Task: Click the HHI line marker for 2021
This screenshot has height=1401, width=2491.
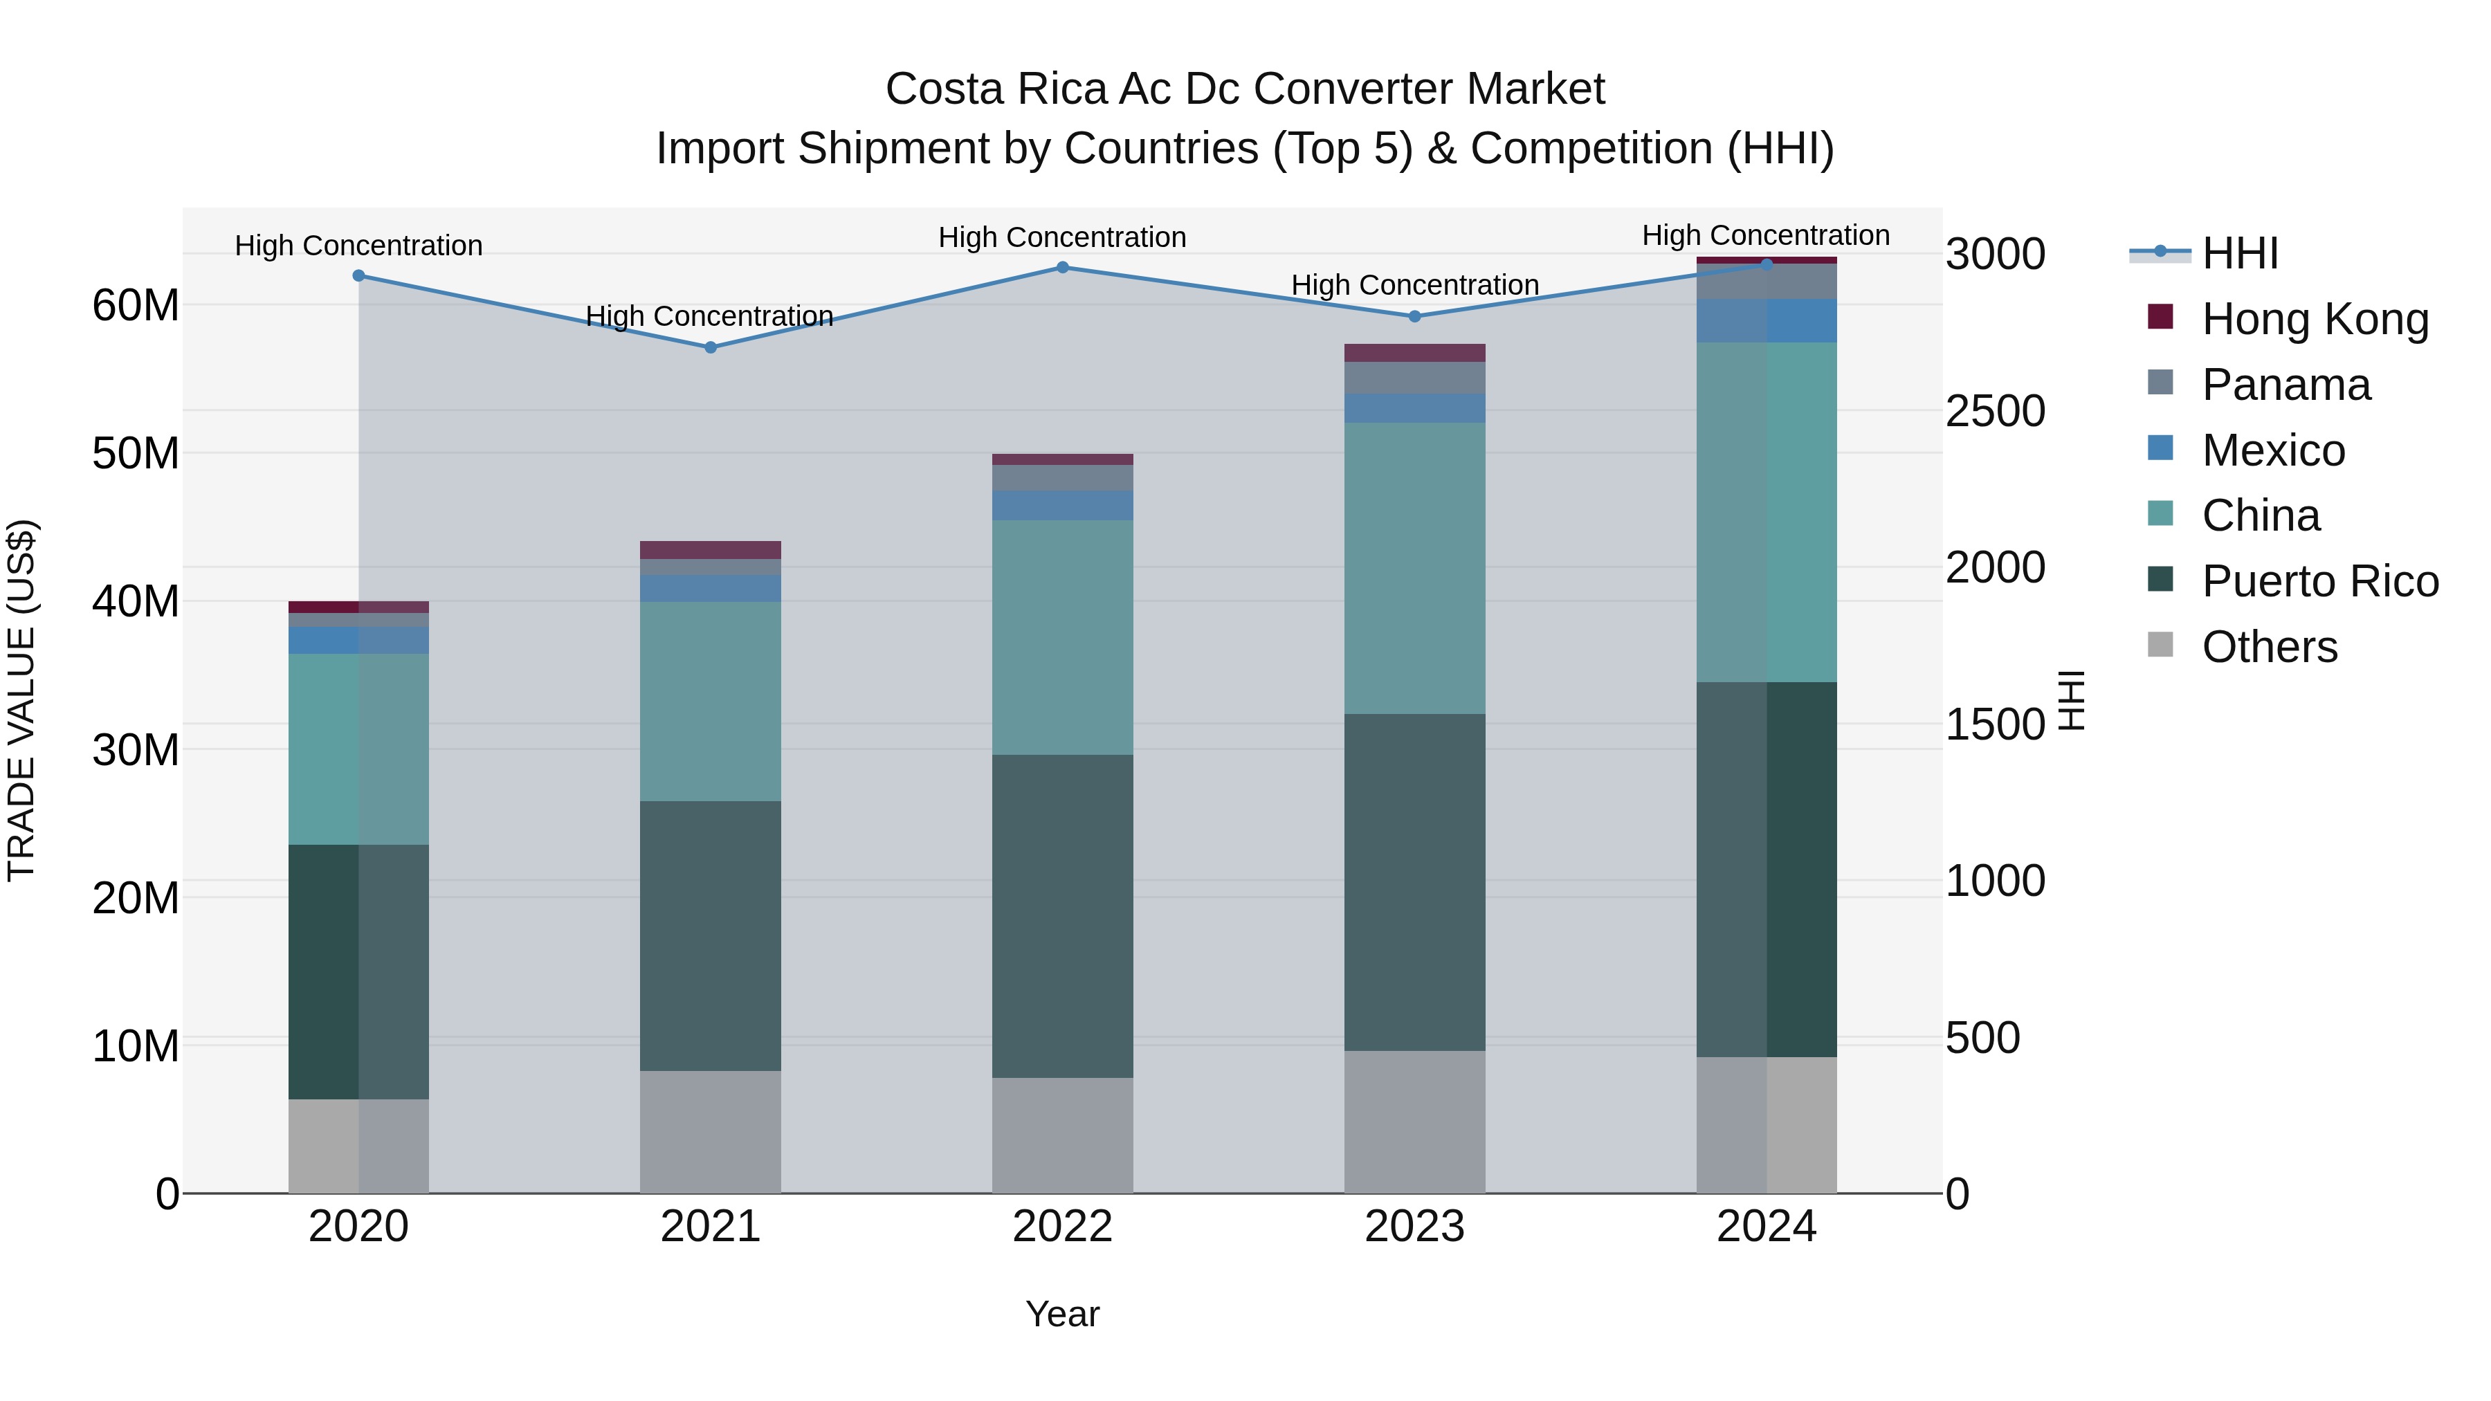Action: pos(710,347)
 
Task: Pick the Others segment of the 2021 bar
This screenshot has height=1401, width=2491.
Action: pos(710,1131)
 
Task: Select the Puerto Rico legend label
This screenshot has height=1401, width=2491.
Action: pos(2320,581)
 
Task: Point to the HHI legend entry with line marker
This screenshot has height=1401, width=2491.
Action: pos(2205,253)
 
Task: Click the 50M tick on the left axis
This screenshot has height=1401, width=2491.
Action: pos(136,453)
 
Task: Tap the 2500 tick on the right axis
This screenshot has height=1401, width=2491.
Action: pos(1994,411)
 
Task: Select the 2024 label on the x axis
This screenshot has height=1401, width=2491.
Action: pos(1766,1227)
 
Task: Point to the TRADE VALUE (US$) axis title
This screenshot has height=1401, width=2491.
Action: pos(21,700)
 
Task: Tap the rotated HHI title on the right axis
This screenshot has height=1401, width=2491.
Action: pos(2071,700)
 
